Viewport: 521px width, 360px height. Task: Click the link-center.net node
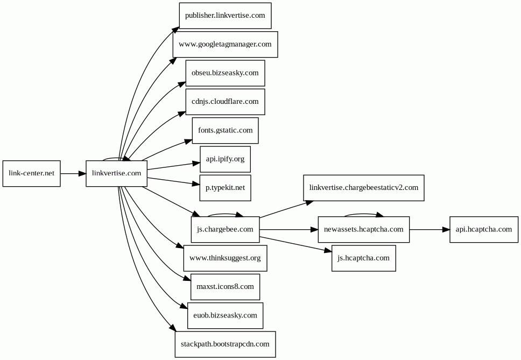32,173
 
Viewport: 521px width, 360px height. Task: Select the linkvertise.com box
116,173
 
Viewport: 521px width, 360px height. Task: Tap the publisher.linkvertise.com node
225,16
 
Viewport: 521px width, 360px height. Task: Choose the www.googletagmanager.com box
225,44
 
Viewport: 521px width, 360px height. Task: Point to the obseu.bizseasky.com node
225,73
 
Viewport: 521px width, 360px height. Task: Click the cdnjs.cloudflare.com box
225,102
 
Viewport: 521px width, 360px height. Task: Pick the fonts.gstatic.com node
225,131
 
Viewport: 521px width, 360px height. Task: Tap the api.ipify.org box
225,159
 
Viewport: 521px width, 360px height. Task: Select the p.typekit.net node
225,188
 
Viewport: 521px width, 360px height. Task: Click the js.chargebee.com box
225,229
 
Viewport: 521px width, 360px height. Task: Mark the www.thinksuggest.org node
225,258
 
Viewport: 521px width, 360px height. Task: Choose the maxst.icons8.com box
225,287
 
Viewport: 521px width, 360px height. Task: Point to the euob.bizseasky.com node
225,315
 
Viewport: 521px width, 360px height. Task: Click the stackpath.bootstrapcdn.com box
225,344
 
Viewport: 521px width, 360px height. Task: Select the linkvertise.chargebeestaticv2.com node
363,188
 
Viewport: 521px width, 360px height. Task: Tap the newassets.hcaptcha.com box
363,229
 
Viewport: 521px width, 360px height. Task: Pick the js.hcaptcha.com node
363,258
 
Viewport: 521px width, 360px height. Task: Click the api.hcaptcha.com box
484,229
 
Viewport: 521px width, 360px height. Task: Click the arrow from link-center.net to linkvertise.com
73,173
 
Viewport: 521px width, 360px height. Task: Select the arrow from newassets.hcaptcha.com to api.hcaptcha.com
430,229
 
